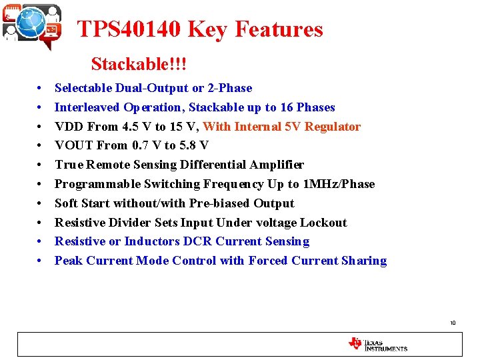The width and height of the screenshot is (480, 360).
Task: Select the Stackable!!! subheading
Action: pos(139,64)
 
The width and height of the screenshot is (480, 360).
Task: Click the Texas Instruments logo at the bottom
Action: pos(377,344)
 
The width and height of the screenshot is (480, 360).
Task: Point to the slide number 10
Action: pos(453,323)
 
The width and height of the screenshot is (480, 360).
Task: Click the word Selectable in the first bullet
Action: pos(83,88)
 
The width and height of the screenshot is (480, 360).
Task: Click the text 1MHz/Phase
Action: pos(339,184)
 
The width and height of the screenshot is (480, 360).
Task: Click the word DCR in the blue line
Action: pos(198,241)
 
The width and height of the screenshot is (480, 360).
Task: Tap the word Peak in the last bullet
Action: pos(69,261)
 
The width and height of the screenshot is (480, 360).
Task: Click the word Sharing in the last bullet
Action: pos(365,261)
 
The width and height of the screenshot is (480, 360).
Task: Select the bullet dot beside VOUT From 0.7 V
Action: pos(41,146)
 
